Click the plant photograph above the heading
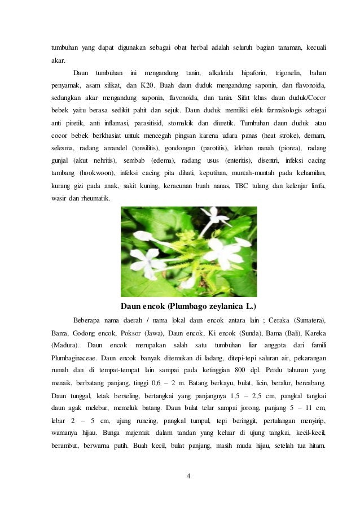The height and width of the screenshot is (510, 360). coord(189,251)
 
